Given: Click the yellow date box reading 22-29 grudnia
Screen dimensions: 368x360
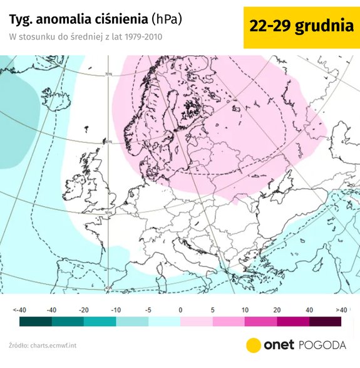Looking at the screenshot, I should (300, 26).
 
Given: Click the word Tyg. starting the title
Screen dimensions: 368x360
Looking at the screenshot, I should (21, 19).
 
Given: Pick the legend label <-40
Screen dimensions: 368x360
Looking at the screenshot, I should (20, 310).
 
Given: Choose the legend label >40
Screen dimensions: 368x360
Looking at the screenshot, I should (341, 310).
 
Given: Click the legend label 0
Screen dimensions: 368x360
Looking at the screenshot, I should (180, 310).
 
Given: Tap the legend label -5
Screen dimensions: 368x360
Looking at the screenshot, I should (148, 310).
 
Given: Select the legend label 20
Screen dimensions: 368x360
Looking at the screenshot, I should (277, 310).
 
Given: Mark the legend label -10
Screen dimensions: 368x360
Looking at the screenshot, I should (116, 310).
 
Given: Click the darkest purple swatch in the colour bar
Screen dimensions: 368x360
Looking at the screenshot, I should (325, 322).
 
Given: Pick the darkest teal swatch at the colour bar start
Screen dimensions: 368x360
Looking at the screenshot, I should (36, 322).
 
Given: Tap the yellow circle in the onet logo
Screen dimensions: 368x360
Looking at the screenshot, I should (254, 345).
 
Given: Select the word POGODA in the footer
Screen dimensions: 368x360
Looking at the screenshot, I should (321, 345).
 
